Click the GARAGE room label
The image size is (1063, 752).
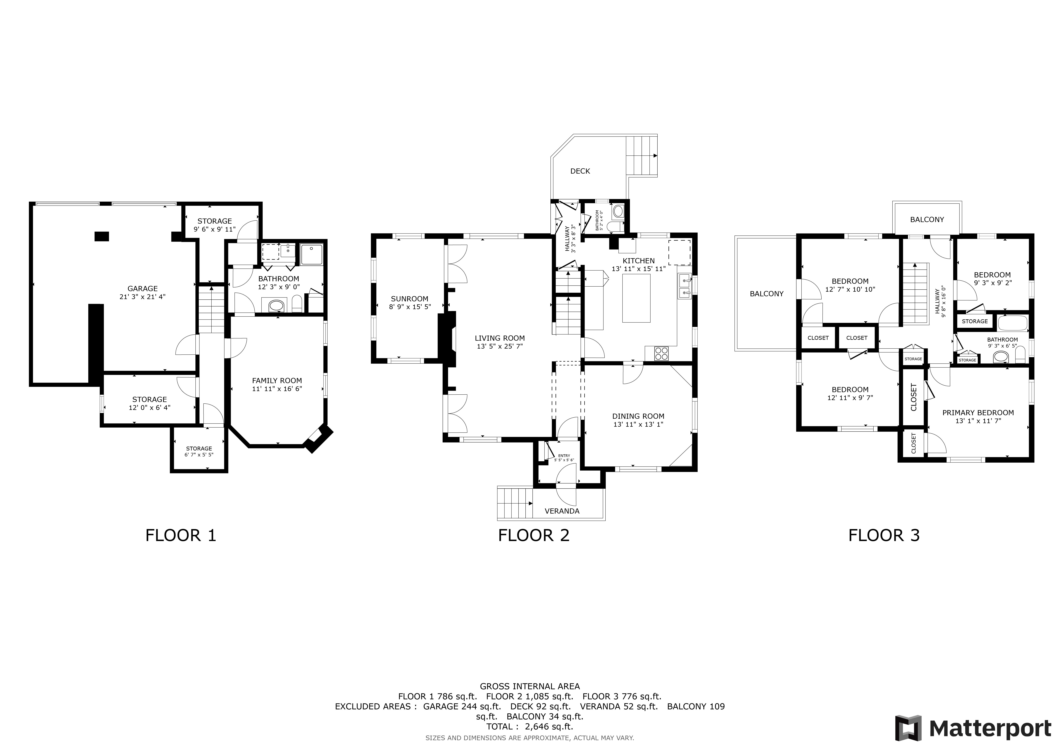[x=143, y=288]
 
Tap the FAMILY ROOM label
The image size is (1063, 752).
[x=277, y=381]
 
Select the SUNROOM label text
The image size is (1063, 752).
[x=409, y=299]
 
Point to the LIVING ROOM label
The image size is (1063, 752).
[x=500, y=338]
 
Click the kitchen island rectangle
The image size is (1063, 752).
[x=636, y=298]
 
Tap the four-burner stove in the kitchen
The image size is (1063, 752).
[x=662, y=353]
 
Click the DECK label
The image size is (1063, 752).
[x=580, y=171]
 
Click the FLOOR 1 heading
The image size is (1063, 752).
[x=181, y=535]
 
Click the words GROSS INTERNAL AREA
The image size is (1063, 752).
[x=530, y=686]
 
